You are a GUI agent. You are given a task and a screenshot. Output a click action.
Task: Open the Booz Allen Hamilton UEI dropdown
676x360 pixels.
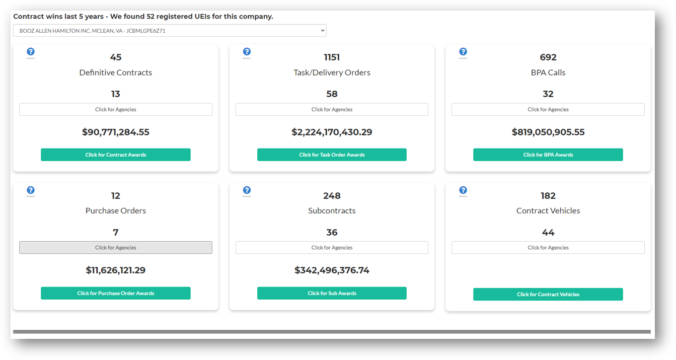(x=170, y=31)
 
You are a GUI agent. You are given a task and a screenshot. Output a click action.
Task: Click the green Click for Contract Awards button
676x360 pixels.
(x=116, y=155)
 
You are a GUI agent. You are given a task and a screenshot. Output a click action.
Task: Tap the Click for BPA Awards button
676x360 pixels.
(x=548, y=155)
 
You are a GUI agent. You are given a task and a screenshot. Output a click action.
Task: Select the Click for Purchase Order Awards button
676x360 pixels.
(x=116, y=293)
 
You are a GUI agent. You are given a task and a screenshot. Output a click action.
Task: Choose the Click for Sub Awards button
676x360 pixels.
(x=332, y=293)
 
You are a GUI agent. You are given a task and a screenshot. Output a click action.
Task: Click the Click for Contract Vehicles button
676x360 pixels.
(x=548, y=294)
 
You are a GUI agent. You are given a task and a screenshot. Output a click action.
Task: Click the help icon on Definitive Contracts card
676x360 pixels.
(x=31, y=52)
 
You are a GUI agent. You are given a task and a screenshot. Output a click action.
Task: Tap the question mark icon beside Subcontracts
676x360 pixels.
(x=247, y=190)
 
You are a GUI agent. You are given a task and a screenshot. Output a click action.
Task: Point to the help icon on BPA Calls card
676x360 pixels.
(x=463, y=52)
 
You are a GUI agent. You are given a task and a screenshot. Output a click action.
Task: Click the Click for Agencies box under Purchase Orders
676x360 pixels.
(x=116, y=248)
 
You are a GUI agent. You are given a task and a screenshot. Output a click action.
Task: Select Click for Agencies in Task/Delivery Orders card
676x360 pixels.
(x=332, y=109)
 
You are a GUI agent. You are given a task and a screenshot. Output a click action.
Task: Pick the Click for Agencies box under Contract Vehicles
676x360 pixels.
(x=548, y=248)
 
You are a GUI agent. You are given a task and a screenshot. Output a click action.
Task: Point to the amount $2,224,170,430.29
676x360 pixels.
(x=332, y=132)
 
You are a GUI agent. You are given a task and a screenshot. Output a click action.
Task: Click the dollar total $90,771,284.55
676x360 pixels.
(x=116, y=132)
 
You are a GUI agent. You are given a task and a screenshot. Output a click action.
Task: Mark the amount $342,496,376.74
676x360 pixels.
(x=332, y=270)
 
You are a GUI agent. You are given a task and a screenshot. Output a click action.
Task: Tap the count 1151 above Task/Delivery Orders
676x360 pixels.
(x=332, y=57)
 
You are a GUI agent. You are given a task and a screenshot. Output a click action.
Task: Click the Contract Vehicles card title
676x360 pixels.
(x=548, y=211)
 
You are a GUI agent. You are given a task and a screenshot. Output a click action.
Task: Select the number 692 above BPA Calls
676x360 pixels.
(x=548, y=57)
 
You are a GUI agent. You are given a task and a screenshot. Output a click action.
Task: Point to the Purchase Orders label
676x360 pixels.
(x=116, y=211)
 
